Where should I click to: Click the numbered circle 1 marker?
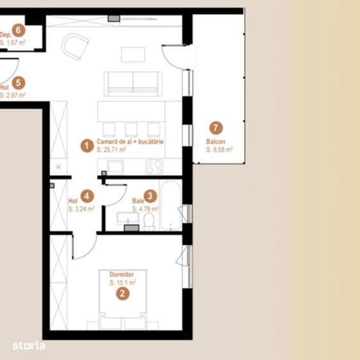tap(86, 145)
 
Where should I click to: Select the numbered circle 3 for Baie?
tap(149, 197)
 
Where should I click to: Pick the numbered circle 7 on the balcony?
tap(215, 127)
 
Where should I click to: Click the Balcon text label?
tap(215, 141)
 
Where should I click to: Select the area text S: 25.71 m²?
tap(111, 149)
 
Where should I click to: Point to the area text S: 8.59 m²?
tap(219, 149)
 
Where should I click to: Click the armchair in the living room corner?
tap(75, 46)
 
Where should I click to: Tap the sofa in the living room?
tap(133, 83)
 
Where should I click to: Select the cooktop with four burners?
tap(154, 167)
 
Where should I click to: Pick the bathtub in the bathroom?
tap(171, 206)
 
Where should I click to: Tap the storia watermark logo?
tap(29, 346)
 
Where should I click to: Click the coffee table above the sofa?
tap(132, 55)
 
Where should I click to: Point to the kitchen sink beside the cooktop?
tap(116, 167)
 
